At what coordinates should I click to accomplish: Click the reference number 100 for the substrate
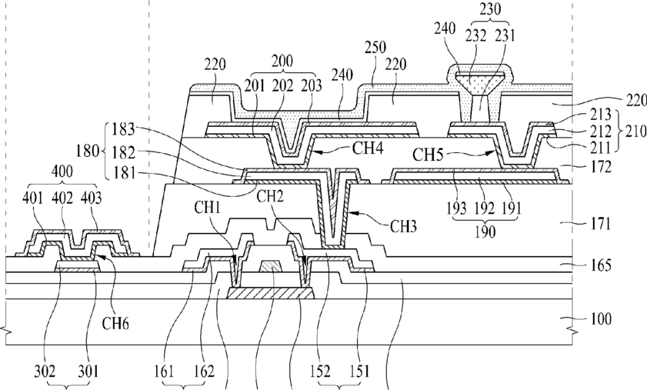pos(601,319)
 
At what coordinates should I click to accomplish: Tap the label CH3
pos(404,226)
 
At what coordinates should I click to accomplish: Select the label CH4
pos(368,148)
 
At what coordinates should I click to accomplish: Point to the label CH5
pos(428,155)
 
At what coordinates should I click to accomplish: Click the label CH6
pos(115,324)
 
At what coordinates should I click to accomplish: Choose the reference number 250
pos(375,47)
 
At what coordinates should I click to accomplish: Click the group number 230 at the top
pos(490,8)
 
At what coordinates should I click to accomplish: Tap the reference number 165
pos(601,265)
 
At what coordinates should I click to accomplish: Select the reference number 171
pos(601,224)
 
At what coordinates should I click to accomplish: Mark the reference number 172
pos(601,167)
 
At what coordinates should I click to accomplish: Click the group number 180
pos(87,151)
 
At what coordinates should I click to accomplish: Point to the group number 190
pos(485,232)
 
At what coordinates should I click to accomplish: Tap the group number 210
pos(635,132)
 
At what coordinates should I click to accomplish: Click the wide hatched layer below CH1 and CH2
pos(271,293)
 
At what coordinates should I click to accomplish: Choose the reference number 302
pos(45,372)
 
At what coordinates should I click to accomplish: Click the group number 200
pos(282,62)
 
